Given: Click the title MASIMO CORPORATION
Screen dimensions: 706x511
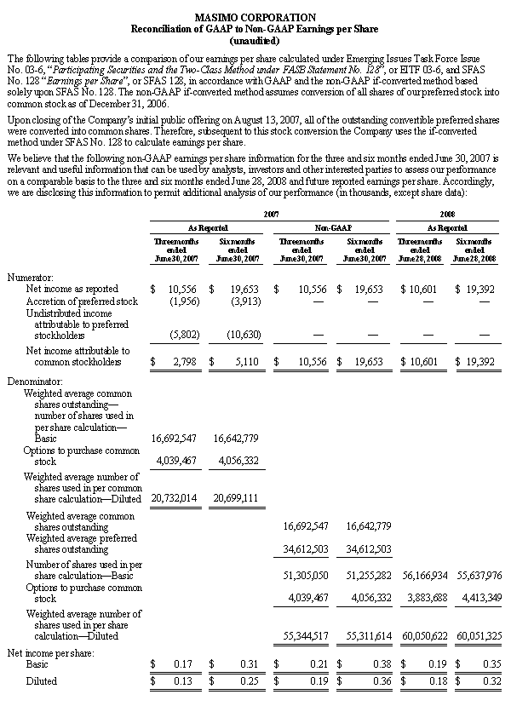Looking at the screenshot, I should pyautogui.click(x=255, y=17).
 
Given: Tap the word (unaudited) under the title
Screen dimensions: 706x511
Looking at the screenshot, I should pyautogui.click(x=255, y=39).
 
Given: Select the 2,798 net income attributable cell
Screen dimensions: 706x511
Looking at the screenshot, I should pyautogui.click(x=181, y=361).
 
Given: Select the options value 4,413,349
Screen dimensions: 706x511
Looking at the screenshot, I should pyautogui.click(x=479, y=599).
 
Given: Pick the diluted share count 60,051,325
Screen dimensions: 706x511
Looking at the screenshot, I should pyautogui.click(x=479, y=634).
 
